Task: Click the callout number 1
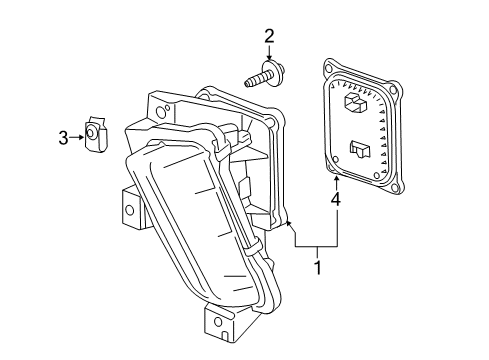[318, 268]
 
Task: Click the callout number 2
[268, 38]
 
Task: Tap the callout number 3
[62, 138]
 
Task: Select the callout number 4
[336, 201]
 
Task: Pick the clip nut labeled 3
[95, 132]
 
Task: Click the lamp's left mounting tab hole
[128, 211]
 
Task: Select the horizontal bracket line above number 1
[317, 246]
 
